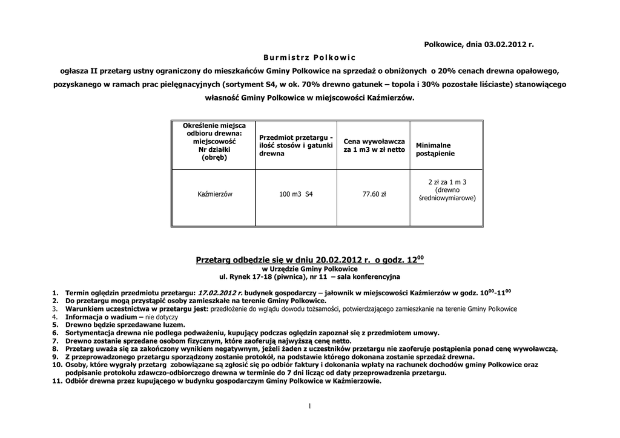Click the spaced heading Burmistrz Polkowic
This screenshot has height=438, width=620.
(309, 57)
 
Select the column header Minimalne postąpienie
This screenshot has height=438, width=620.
(434, 149)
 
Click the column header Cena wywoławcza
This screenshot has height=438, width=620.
(374, 145)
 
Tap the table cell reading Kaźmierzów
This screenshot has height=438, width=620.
(216, 194)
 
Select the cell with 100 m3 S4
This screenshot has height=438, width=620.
(296, 194)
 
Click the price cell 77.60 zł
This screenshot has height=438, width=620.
(374, 194)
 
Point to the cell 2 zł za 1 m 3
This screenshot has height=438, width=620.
(447, 181)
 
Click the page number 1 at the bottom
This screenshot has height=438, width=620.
(309, 405)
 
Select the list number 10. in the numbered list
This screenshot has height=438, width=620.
(56, 365)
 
